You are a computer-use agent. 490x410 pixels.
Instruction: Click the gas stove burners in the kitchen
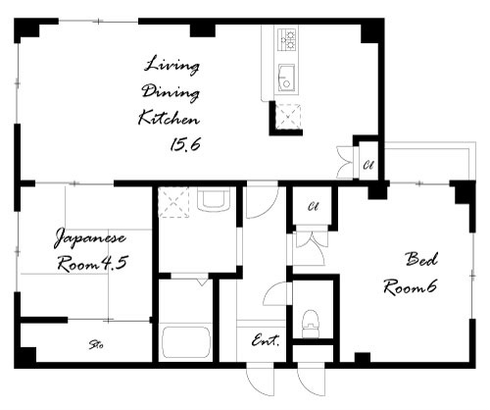click(287, 39)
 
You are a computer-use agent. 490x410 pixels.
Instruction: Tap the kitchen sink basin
click(286, 77)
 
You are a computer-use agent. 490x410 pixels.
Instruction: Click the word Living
click(171, 66)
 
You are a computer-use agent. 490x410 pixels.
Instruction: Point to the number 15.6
click(185, 144)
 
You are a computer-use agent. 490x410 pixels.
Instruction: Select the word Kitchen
click(169, 118)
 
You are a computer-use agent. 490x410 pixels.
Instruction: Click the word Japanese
click(89, 238)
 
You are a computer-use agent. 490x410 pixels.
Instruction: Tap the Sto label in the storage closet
click(96, 344)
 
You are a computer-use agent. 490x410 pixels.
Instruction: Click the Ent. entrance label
click(266, 340)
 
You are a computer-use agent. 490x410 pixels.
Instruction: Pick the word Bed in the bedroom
click(421, 259)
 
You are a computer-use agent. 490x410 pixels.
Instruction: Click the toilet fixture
click(310, 324)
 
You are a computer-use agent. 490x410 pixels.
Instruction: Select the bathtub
click(186, 342)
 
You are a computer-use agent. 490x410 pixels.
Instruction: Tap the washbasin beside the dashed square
click(214, 199)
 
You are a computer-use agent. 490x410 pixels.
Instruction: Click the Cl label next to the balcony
click(368, 165)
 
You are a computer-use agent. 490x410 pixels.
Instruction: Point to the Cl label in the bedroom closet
click(313, 207)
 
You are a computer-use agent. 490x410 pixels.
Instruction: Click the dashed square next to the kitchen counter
click(288, 117)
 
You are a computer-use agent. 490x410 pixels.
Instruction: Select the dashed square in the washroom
click(173, 202)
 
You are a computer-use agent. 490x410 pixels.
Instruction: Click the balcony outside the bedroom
click(430, 161)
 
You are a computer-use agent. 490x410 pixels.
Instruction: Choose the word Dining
click(171, 92)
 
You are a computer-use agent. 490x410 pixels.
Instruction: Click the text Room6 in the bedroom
click(410, 287)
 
